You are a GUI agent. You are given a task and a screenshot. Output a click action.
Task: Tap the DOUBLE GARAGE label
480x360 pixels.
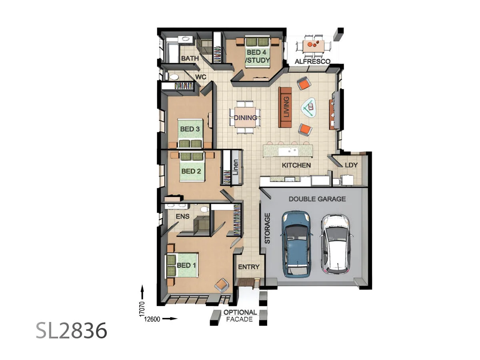pos(317,199)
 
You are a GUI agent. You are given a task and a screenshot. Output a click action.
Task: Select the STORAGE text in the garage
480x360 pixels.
pos(268,228)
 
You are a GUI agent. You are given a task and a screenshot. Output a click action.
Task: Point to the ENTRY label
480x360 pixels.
pos(249,267)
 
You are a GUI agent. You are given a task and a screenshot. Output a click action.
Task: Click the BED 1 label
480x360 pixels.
pos(186,266)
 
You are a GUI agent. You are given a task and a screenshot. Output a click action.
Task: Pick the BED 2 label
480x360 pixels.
pos(191,171)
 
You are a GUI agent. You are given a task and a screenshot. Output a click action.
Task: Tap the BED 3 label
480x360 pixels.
pos(190,129)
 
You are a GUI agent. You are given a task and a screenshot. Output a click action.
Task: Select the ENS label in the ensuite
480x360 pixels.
pos(182,216)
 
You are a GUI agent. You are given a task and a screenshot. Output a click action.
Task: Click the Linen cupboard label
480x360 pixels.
pos(236,167)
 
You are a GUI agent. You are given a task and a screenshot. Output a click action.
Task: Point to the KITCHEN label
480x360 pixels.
pos(296,165)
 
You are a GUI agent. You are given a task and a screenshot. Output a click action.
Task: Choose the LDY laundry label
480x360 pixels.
pos(351,165)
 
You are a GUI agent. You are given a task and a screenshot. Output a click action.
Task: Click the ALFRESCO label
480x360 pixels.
pos(312,62)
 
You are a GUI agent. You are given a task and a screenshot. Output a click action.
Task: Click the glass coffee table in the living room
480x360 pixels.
pos(308,108)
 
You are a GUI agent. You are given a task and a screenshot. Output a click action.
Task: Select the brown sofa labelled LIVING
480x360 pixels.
pos(286,106)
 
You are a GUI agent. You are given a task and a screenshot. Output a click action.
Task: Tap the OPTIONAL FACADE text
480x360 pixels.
pos(240,316)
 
